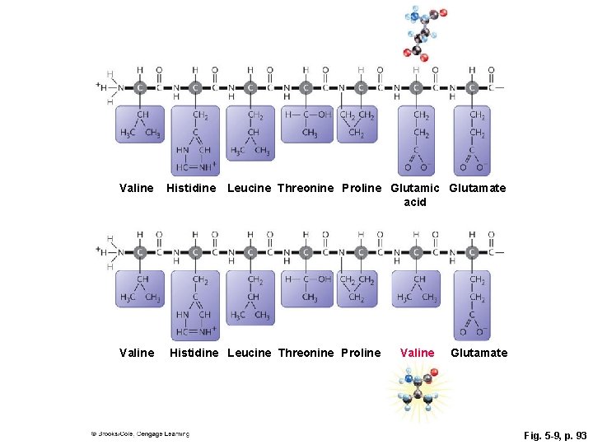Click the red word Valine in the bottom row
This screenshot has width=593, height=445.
click(417, 353)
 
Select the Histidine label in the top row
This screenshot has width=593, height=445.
click(191, 188)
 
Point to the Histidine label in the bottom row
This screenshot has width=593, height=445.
click(194, 353)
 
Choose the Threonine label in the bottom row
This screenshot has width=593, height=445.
click(306, 353)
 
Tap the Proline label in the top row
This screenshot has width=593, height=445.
click(361, 188)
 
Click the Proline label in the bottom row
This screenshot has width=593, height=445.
click(361, 353)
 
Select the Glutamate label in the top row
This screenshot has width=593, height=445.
click(478, 188)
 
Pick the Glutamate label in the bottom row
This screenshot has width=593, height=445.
click(479, 353)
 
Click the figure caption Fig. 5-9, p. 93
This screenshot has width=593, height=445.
click(555, 434)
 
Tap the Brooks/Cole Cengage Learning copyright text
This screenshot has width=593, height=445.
click(140, 433)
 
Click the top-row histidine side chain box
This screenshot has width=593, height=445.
click(195, 140)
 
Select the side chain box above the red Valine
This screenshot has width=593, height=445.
click(416, 288)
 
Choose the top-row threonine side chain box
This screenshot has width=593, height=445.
click(306, 124)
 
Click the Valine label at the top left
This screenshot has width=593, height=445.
click(136, 188)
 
